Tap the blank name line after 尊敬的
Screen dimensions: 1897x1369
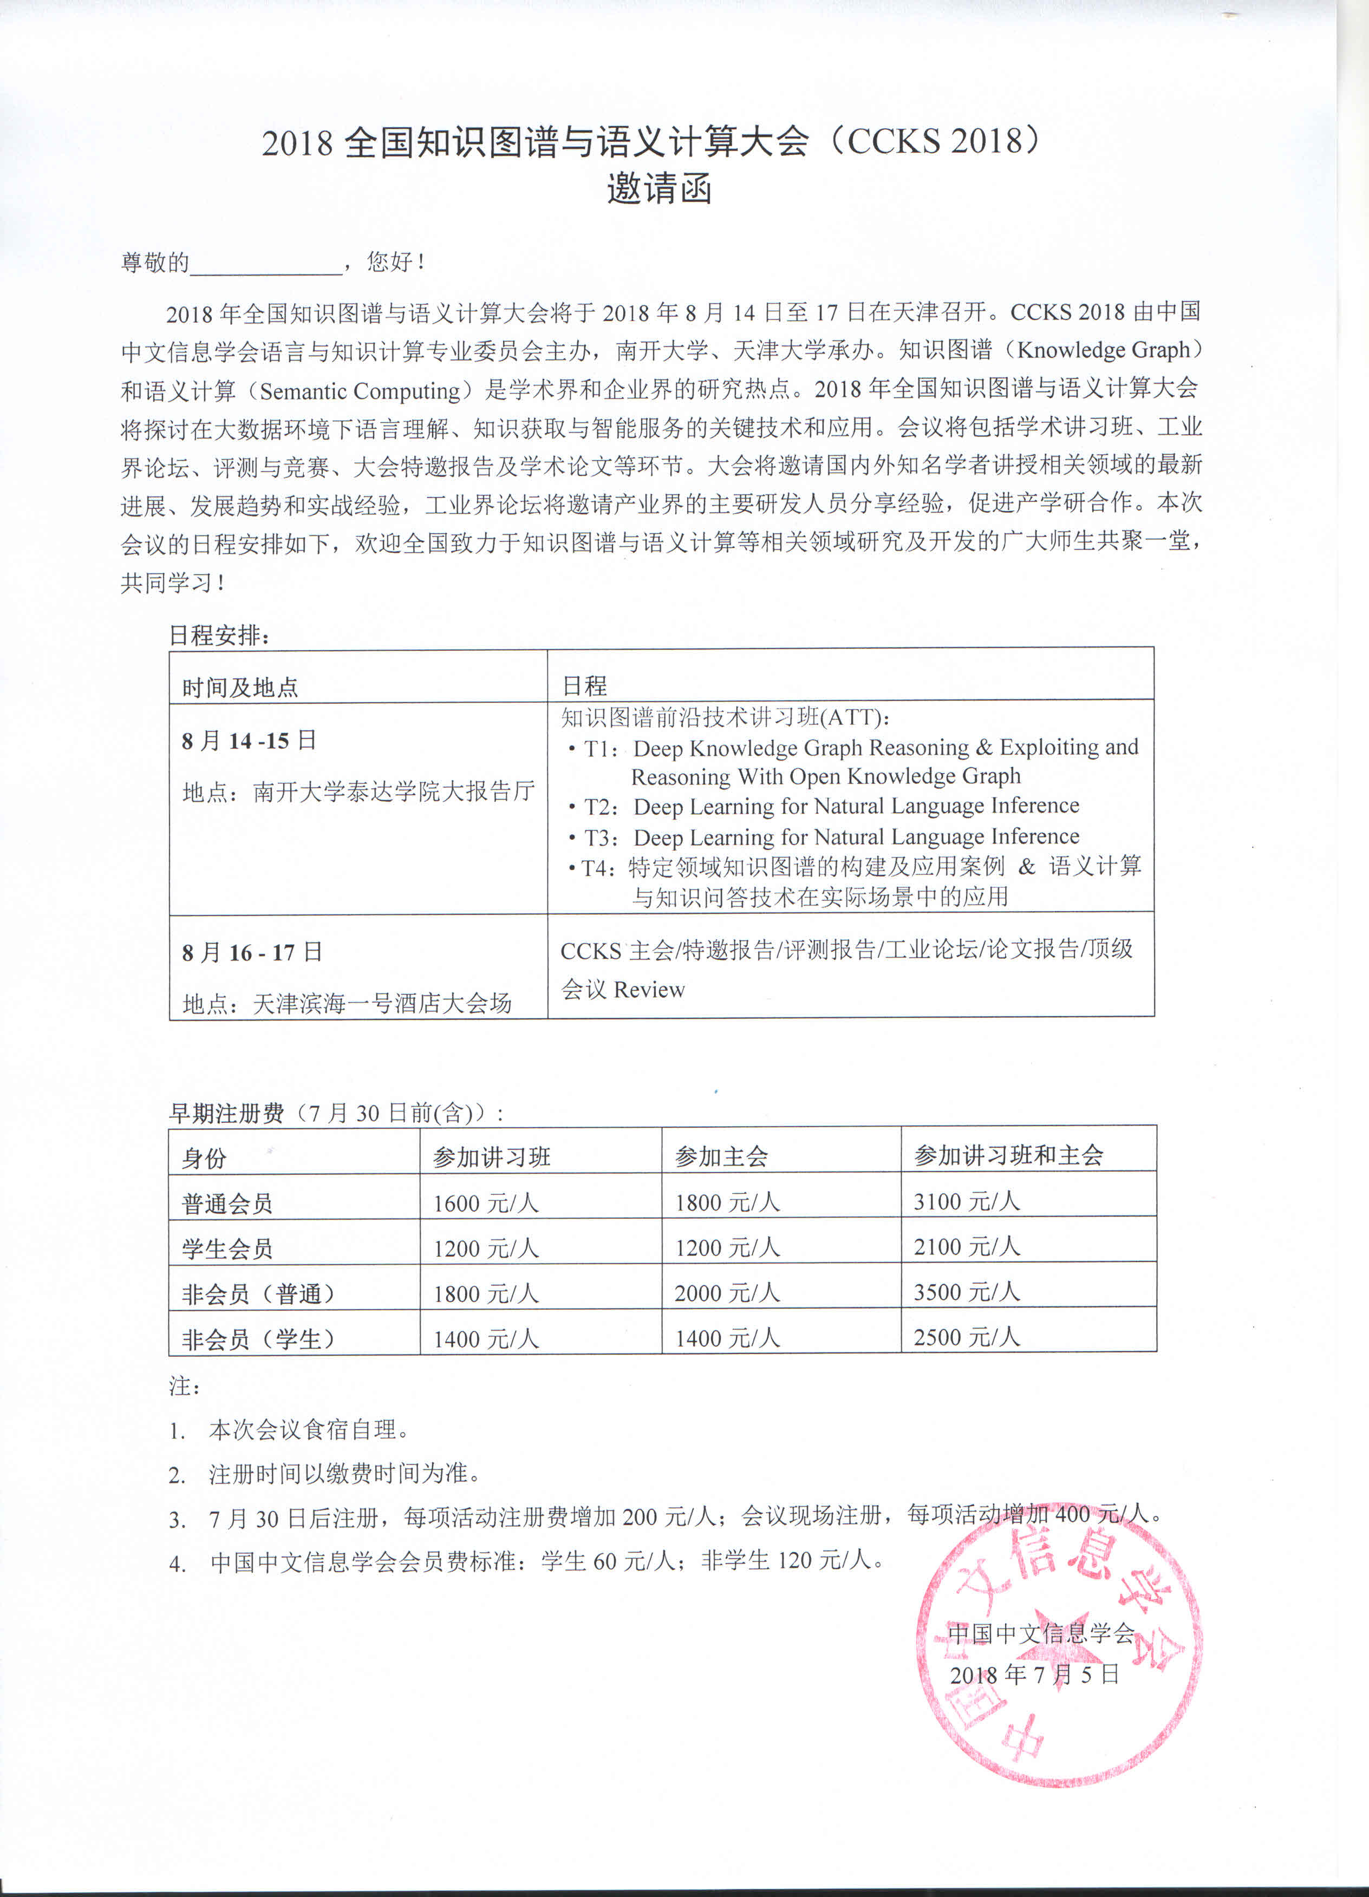tap(265, 264)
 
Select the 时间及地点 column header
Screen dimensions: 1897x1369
tap(240, 688)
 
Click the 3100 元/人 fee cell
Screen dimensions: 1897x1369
tap(967, 1202)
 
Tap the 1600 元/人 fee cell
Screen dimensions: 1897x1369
tap(485, 1203)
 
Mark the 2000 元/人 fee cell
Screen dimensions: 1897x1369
tap(726, 1293)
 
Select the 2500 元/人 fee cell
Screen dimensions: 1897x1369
tap(967, 1337)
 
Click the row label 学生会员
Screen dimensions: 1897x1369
tap(227, 1249)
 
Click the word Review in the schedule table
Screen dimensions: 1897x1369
tap(649, 990)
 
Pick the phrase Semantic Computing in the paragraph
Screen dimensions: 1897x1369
tap(360, 391)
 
